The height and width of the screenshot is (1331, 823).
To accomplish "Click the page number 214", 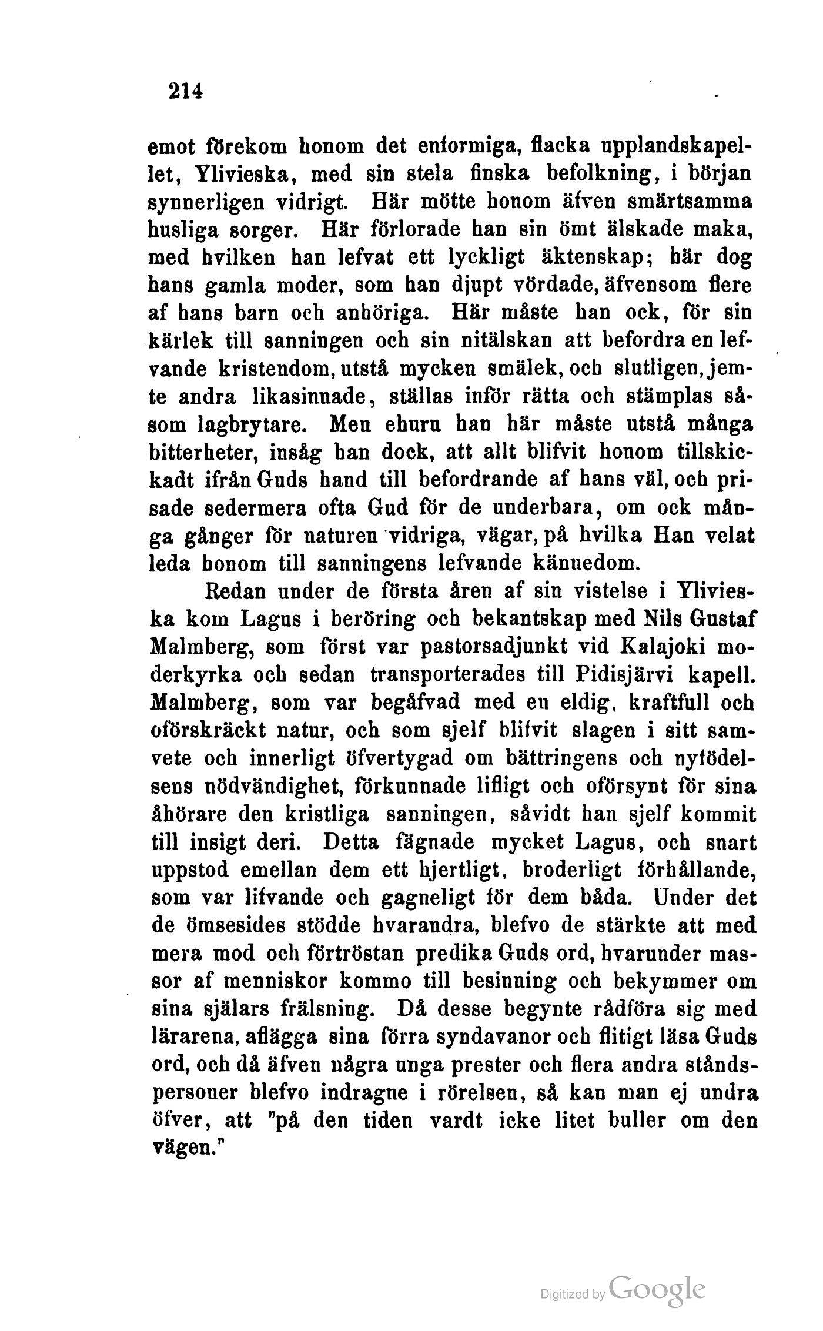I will coord(185,92).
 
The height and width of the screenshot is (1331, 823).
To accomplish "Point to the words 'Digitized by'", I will coord(573,1294).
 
